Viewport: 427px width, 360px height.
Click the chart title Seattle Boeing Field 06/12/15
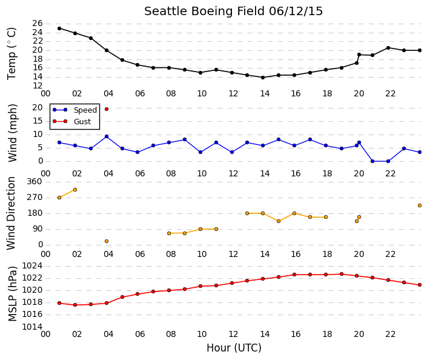coord(233,12)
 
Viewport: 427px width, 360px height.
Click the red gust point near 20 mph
coord(107,109)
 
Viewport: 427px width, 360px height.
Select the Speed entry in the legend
coord(74,110)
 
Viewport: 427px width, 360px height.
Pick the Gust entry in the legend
coord(71,121)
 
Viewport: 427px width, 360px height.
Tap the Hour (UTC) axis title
coord(234,348)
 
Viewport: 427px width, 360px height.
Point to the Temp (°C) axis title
coord(12,54)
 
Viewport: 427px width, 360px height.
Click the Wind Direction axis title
coord(11,213)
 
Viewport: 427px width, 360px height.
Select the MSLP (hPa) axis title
coord(13,293)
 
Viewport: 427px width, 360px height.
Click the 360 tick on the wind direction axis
coord(35,181)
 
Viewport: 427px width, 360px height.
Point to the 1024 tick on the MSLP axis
coord(32,265)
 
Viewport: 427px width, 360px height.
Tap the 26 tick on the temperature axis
coord(38,24)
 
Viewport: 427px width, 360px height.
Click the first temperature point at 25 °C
coord(59,28)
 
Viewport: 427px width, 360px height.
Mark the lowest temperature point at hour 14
coord(263,78)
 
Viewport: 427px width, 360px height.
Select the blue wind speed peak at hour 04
coord(107,136)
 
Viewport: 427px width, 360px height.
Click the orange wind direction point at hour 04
coord(107,241)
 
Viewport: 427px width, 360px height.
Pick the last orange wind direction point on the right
coord(420,205)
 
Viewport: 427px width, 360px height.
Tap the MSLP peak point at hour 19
coord(342,274)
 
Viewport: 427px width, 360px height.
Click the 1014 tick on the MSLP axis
coord(32,327)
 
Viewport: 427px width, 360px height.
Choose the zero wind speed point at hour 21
coord(372,161)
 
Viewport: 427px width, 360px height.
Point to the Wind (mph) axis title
coord(13,133)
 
